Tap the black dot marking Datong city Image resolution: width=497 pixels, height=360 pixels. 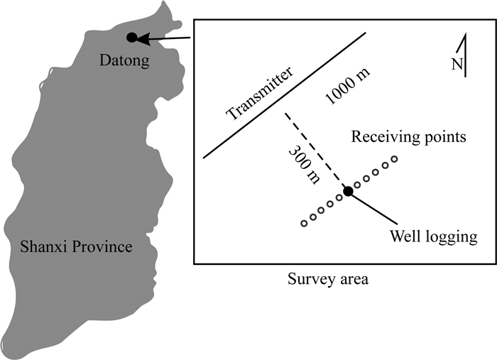131,38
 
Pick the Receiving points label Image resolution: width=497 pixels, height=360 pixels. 409,136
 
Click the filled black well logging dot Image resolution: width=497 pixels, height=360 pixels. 348,190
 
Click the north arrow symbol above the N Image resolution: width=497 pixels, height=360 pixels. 464,50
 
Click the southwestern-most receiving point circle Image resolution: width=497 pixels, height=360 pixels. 304,224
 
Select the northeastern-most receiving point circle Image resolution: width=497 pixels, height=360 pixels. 394,158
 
